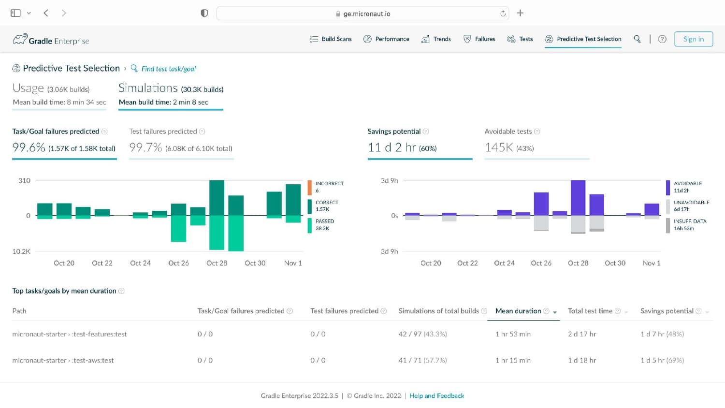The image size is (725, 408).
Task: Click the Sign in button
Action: [x=693, y=39]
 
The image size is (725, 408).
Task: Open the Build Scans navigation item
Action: [x=331, y=39]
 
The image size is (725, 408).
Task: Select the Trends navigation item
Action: [x=436, y=39]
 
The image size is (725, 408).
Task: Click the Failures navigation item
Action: [x=479, y=39]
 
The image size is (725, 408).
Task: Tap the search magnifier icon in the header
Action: [x=637, y=39]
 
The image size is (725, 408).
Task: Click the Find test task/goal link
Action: [x=163, y=69]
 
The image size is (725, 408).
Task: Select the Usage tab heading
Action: [x=28, y=88]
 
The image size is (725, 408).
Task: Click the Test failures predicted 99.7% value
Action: [x=145, y=147]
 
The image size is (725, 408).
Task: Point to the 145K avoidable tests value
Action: [x=499, y=147]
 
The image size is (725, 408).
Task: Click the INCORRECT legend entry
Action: [x=326, y=187]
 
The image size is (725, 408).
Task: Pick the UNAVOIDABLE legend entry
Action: [x=687, y=205]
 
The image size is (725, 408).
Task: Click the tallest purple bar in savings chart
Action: [x=578, y=198]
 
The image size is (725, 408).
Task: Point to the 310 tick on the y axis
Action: [x=24, y=180]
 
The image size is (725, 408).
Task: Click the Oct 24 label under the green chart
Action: [x=140, y=263]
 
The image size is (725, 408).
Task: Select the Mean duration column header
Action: [x=518, y=311]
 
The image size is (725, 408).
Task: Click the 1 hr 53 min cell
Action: [x=513, y=334]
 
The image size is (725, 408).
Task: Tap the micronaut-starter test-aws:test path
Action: [x=63, y=361]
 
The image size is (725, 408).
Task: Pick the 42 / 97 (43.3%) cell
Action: [x=423, y=334]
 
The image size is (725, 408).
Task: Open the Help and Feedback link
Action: [x=436, y=396]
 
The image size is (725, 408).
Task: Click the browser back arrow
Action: [x=46, y=13]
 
